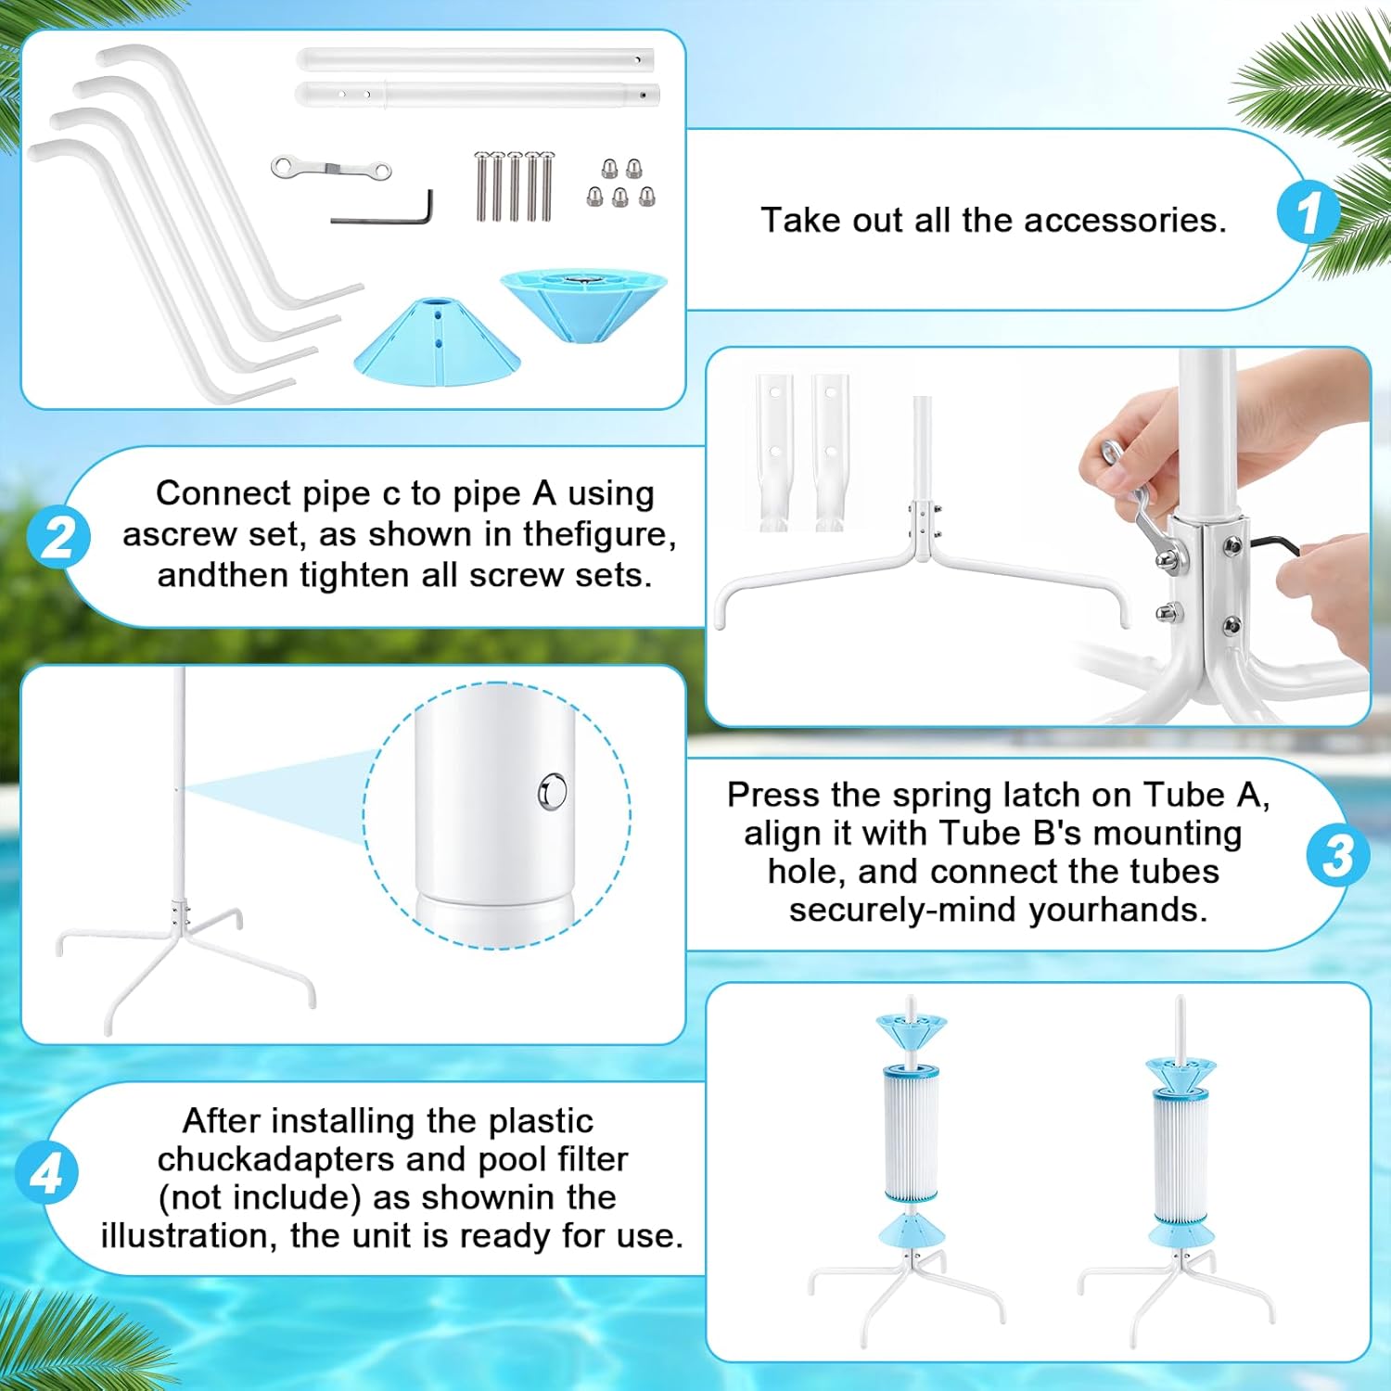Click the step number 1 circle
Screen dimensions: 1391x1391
point(1308,212)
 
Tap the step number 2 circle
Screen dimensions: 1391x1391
point(58,537)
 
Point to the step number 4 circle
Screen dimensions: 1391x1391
point(46,1173)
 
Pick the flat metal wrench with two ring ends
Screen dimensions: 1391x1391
point(331,169)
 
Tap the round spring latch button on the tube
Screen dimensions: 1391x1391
point(553,792)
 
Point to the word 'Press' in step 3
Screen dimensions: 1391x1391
point(773,796)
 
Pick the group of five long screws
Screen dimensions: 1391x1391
point(514,186)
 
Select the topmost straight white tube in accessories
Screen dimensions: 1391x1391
point(475,60)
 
